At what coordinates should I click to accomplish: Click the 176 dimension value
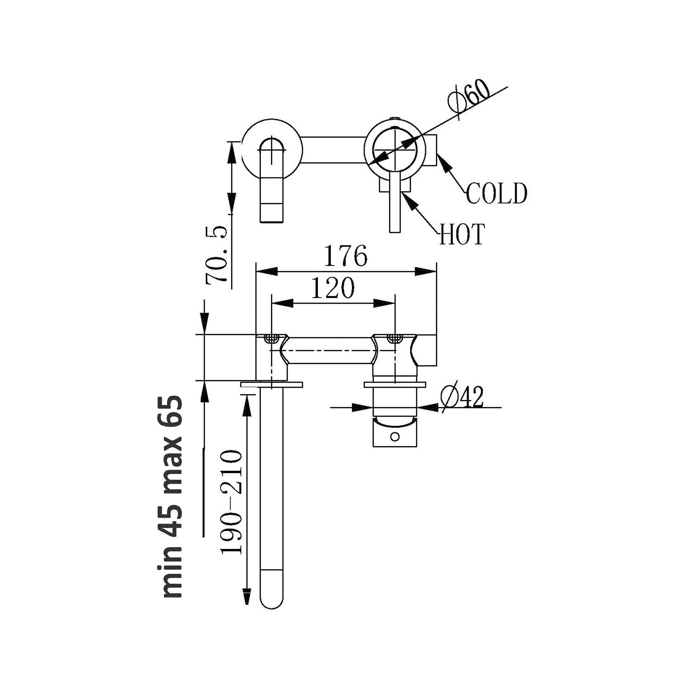coord(345,256)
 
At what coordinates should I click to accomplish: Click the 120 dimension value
coord(333,288)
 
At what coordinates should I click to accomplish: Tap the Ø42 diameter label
coord(462,396)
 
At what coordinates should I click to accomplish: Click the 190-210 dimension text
coord(232,503)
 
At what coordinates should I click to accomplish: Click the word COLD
coord(497,193)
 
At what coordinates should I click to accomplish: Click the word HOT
coord(462,235)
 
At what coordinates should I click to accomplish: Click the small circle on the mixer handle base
coord(395,436)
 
